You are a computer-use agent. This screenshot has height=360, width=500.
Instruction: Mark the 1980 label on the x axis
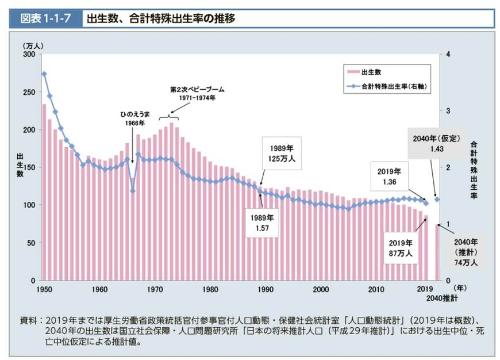click(210, 289)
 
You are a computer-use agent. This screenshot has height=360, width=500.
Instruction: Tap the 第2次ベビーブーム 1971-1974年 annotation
click(197, 94)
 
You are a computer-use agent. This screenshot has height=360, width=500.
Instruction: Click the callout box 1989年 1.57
click(262, 223)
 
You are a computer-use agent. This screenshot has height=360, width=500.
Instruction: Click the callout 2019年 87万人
click(401, 247)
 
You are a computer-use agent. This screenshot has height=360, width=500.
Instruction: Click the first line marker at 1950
click(44, 74)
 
